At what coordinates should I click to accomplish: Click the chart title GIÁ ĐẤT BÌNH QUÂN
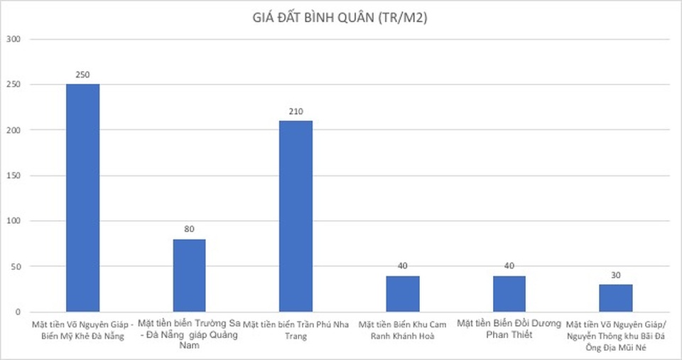341,19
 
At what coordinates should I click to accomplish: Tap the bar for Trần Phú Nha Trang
296,216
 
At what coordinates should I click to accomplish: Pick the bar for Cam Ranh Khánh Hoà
402,294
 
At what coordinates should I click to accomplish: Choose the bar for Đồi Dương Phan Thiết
509,294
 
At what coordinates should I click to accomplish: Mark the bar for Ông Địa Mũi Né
615,298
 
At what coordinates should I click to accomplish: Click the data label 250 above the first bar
82,75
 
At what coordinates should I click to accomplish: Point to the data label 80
189,229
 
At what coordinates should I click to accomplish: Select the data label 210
296,111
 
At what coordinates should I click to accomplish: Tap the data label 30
615,275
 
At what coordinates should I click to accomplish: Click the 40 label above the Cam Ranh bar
402,266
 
